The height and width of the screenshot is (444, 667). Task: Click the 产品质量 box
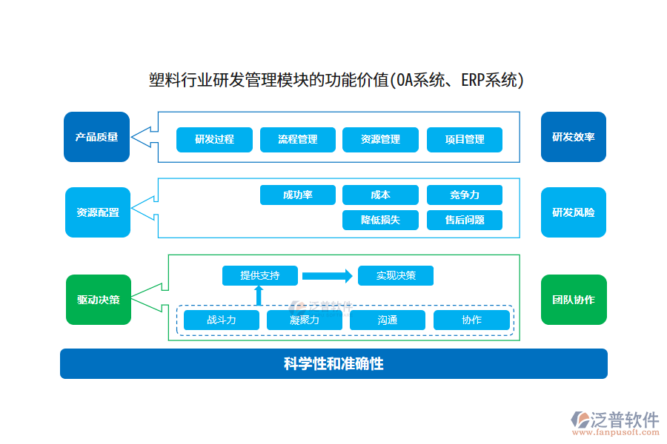[97, 137]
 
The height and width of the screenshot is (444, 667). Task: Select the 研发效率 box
[573, 137]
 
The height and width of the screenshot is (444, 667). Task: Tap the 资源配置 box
[97, 212]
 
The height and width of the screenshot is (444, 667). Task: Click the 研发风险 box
[573, 212]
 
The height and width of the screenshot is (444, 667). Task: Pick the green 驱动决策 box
[98, 300]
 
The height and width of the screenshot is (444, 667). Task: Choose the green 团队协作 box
[573, 300]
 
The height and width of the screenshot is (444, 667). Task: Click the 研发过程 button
[214, 139]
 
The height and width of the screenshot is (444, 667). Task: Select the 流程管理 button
[297, 139]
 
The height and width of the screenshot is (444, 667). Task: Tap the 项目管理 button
[465, 139]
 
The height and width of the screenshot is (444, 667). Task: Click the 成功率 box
[297, 195]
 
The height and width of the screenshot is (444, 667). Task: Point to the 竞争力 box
[465, 195]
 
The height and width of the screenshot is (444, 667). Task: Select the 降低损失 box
[380, 220]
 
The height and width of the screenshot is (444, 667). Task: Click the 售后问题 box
[465, 220]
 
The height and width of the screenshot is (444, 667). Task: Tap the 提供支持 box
[260, 275]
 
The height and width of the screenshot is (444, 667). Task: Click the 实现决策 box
[395, 275]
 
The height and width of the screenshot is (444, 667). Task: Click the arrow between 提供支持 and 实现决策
[328, 276]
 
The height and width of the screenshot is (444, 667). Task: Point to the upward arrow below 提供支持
[259, 296]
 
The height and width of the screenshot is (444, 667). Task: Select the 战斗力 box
[221, 320]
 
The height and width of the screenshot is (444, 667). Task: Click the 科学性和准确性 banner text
[333, 364]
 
